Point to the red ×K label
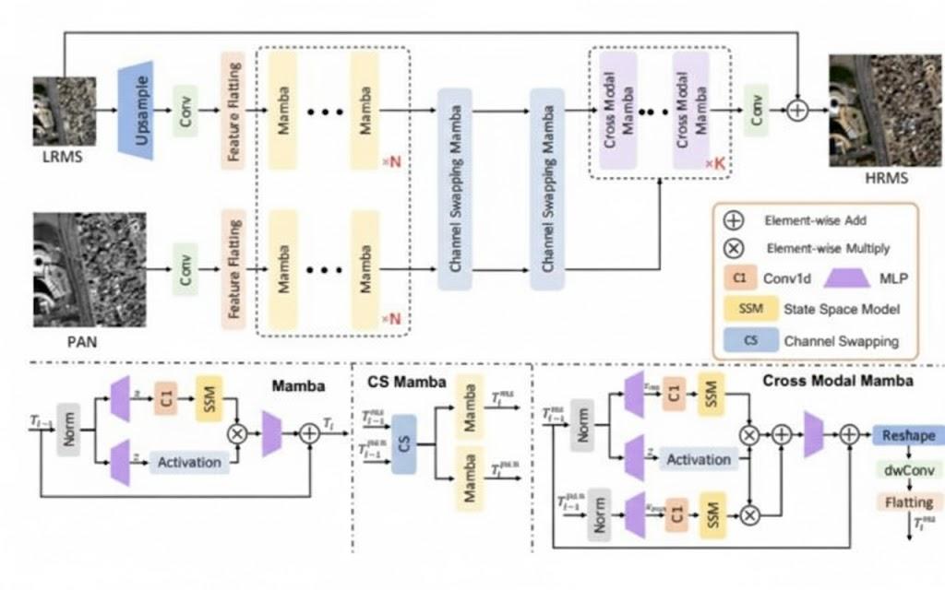pyautogui.click(x=715, y=163)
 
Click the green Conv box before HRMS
pyautogui.click(x=757, y=111)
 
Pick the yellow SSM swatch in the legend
pyautogui.click(x=736, y=311)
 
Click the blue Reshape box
pyautogui.click(x=909, y=435)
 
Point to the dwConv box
pyautogui.click(x=909, y=470)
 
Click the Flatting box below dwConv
pyautogui.click(x=909, y=503)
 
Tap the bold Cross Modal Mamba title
pyautogui.click(x=838, y=381)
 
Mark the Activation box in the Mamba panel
pyautogui.click(x=190, y=462)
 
